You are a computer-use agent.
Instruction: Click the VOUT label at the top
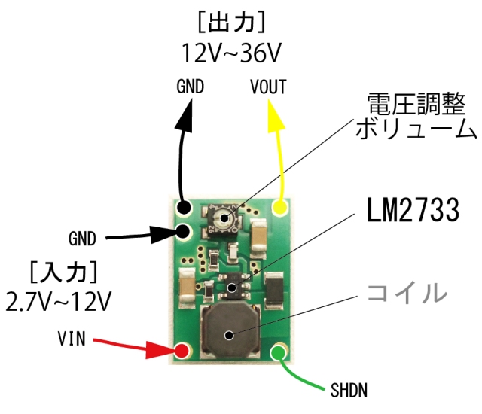[268, 86]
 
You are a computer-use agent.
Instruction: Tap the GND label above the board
[191, 86]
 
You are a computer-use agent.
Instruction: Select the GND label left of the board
[82, 239]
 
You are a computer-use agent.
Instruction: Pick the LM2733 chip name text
[413, 212]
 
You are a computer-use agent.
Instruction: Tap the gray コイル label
[407, 293]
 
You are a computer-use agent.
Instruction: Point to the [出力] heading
[232, 23]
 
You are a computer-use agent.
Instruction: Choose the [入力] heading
[63, 269]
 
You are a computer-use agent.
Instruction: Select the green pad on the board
[281, 351]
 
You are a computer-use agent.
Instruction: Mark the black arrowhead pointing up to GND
[185, 113]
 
